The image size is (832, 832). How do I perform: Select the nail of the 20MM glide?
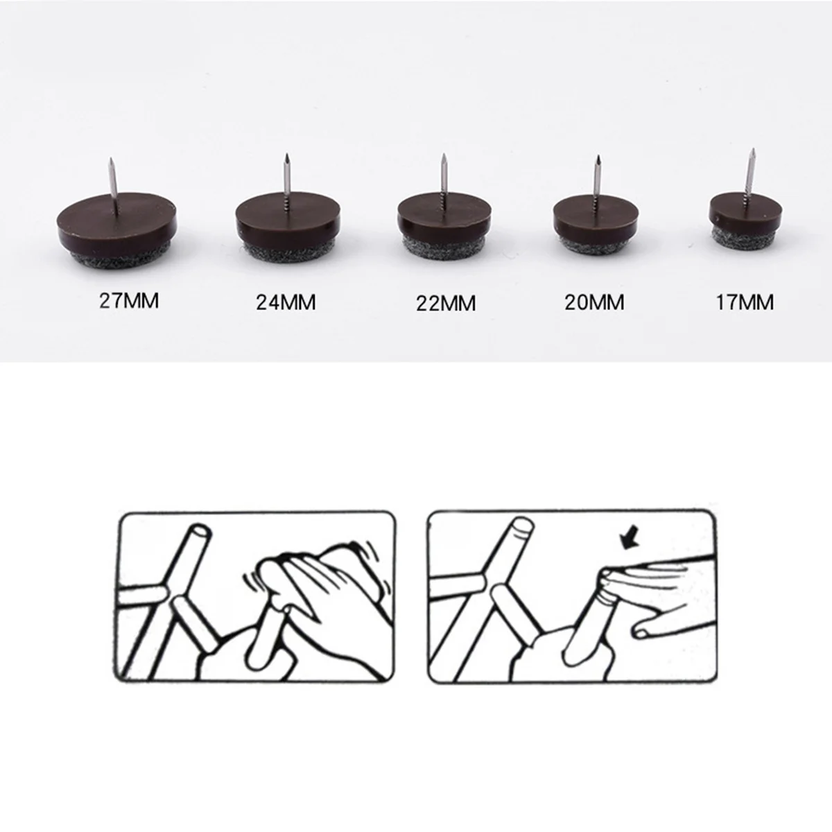(x=596, y=177)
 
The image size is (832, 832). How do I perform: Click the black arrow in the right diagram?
(x=628, y=540)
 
